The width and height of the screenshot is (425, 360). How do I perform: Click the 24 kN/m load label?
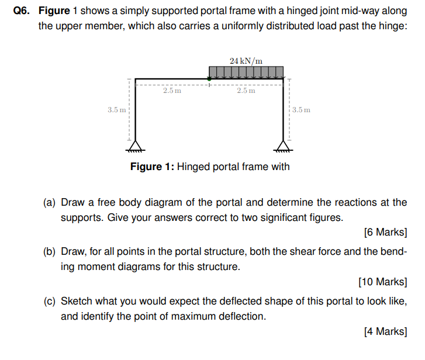(246, 61)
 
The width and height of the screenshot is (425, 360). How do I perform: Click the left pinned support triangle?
(136, 145)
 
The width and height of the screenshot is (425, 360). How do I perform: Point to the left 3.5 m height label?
(116, 109)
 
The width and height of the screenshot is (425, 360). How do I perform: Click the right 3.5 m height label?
(302, 109)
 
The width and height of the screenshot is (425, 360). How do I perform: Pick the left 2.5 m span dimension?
(172, 91)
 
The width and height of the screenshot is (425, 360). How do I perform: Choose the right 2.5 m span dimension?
(246, 91)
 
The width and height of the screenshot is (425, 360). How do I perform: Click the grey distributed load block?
(246, 72)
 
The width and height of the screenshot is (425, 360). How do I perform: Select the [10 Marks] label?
(382, 282)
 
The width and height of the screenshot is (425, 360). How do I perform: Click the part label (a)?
(50, 203)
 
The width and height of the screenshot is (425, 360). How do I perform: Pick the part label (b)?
(50, 252)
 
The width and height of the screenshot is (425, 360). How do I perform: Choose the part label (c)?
(50, 302)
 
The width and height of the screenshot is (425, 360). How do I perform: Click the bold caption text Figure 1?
(152, 167)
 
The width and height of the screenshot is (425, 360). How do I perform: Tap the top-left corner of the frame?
(136, 78)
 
